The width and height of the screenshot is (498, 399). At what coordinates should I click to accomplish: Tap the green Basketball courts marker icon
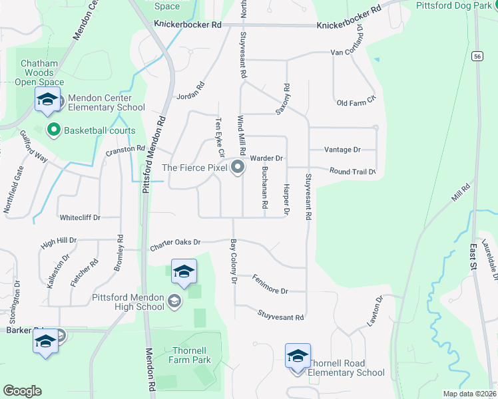pos(53,130)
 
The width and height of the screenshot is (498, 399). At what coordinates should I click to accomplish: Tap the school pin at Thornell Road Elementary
pos(298,356)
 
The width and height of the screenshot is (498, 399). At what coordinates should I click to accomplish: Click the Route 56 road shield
pos(477,57)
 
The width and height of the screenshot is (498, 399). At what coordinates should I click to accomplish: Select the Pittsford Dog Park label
pos(454,5)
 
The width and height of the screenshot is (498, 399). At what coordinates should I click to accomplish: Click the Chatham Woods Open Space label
pos(35,72)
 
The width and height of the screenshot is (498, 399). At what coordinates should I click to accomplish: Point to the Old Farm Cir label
pos(356,102)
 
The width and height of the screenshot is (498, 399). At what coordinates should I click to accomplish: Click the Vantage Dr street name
pos(343,150)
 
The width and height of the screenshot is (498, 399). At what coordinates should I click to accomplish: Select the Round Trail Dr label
pos(352,172)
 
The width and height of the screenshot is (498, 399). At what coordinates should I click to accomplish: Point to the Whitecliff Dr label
pos(80,217)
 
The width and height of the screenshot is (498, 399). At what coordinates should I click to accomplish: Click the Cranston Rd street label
pos(125,150)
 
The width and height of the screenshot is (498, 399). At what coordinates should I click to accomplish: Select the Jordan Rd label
pos(190,96)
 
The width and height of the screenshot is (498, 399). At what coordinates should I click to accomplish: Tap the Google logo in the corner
pos(22,391)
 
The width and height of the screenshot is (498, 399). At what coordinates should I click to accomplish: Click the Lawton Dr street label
pos(376,311)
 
